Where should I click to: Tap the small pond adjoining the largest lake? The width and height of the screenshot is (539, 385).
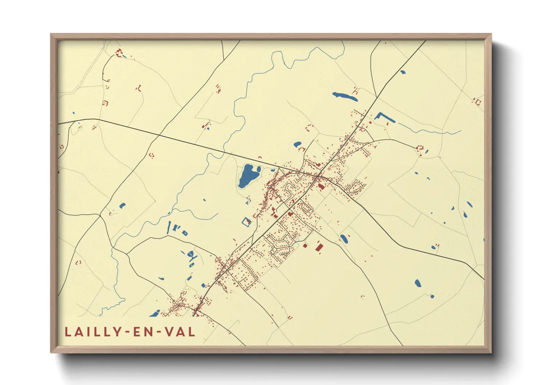[259, 169]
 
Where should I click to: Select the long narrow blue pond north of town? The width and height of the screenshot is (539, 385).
[344, 96]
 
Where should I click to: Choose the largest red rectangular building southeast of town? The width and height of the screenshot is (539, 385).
[319, 247]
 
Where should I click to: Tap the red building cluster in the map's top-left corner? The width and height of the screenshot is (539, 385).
[118, 53]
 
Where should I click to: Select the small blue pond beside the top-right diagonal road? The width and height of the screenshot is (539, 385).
[402, 72]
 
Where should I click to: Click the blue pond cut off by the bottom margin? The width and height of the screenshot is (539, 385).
[155, 313]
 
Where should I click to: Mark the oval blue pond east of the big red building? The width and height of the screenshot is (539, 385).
[344, 239]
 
